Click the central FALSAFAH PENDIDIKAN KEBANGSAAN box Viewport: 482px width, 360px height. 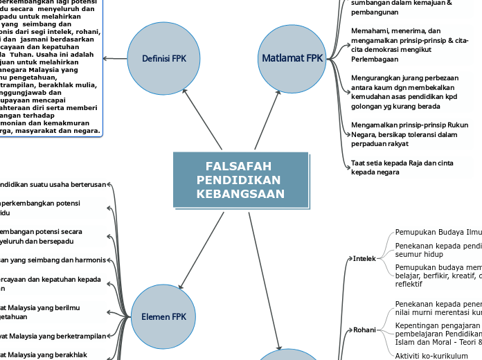240,180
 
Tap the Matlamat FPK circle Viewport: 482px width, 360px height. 292,57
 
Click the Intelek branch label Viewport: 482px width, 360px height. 364,258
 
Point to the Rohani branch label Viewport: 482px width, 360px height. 364,330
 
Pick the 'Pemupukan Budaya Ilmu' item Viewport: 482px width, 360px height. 437,232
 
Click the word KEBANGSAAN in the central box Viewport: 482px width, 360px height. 240,194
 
